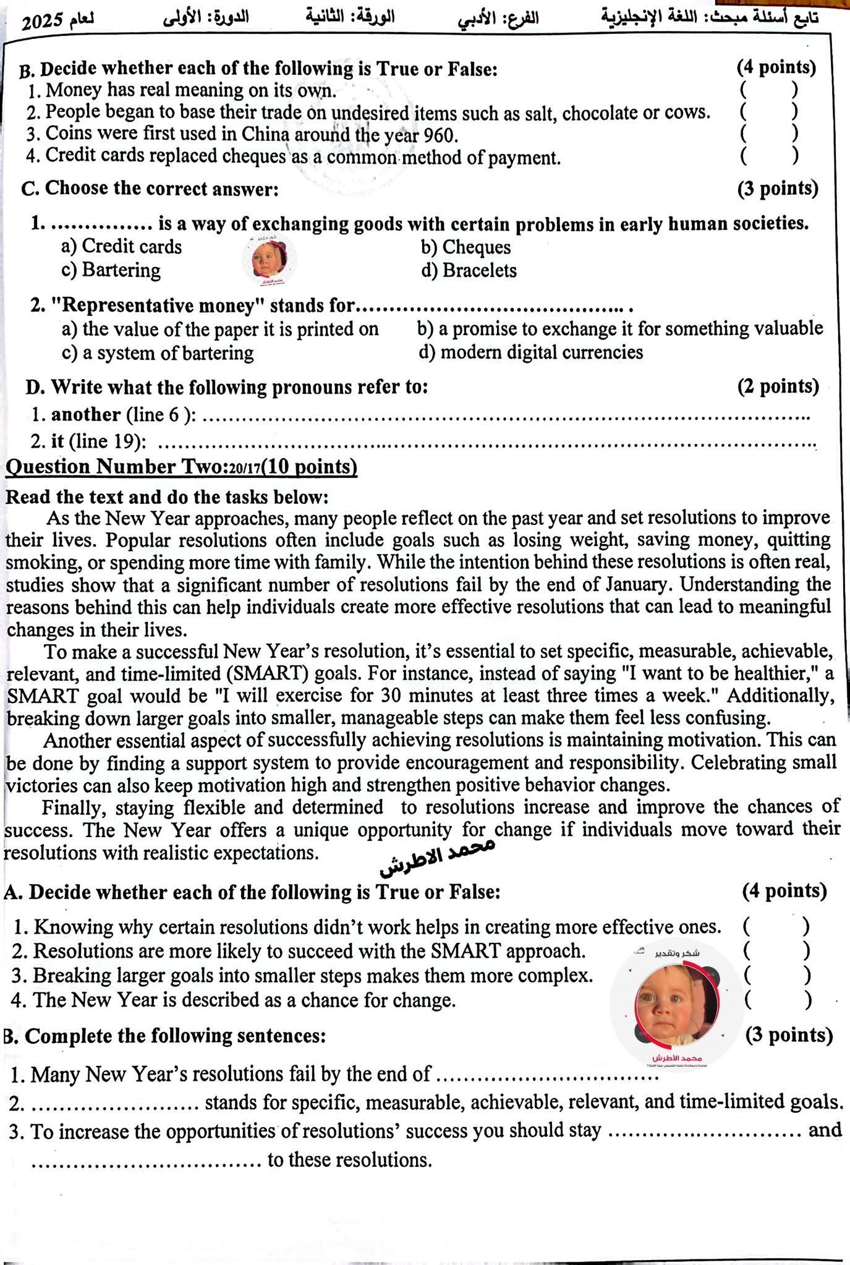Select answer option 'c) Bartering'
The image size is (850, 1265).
111,270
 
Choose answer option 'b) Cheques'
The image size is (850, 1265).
466,247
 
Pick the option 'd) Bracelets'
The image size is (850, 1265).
469,270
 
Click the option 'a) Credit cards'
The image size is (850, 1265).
122,247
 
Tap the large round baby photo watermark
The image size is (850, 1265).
677,1001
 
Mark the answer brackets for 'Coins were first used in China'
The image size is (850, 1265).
768,133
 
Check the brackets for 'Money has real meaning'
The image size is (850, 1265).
768,90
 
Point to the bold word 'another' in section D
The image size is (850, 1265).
86,414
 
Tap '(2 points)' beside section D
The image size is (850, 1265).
778,386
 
